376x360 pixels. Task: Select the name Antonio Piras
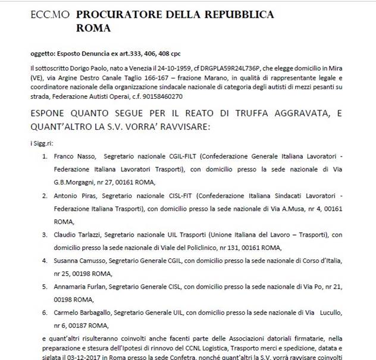[x=74, y=194]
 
